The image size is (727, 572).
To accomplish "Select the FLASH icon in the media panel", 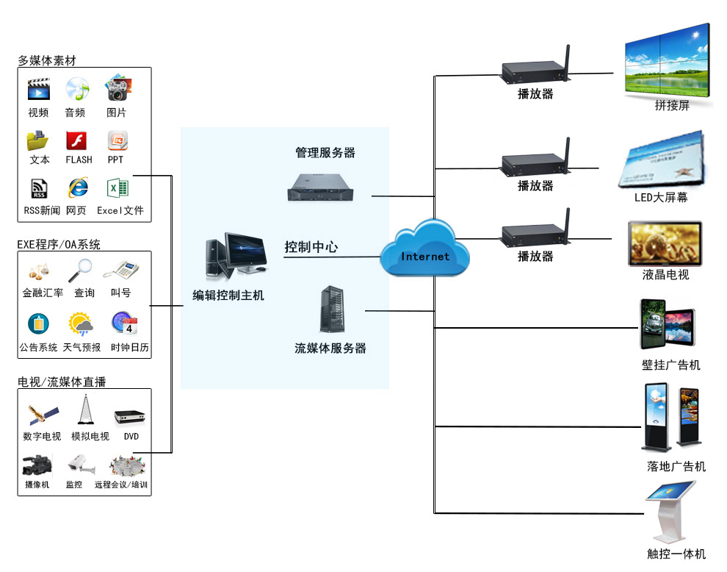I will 77,140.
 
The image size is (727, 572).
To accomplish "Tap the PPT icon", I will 117,140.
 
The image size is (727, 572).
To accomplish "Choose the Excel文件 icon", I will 117,188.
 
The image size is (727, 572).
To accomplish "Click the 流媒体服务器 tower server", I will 330,310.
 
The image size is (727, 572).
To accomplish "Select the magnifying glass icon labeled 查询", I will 79,271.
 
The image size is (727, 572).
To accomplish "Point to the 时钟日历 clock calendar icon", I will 124,324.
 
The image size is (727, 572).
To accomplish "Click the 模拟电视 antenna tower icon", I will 86,410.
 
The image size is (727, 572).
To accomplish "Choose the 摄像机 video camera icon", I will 36,465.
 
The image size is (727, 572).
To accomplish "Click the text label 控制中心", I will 311,247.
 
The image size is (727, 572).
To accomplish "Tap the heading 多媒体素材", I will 47,61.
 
